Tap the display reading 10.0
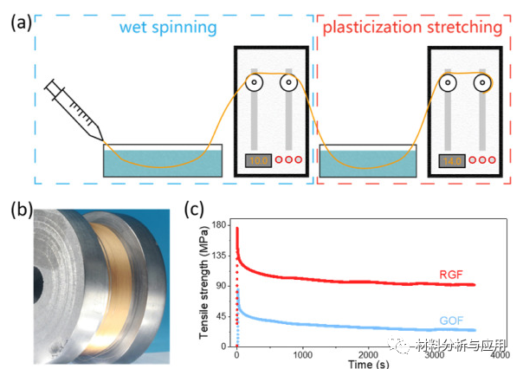click(258, 160)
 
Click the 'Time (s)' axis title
click(367, 364)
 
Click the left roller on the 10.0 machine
click(255, 83)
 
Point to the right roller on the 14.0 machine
click(483, 83)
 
